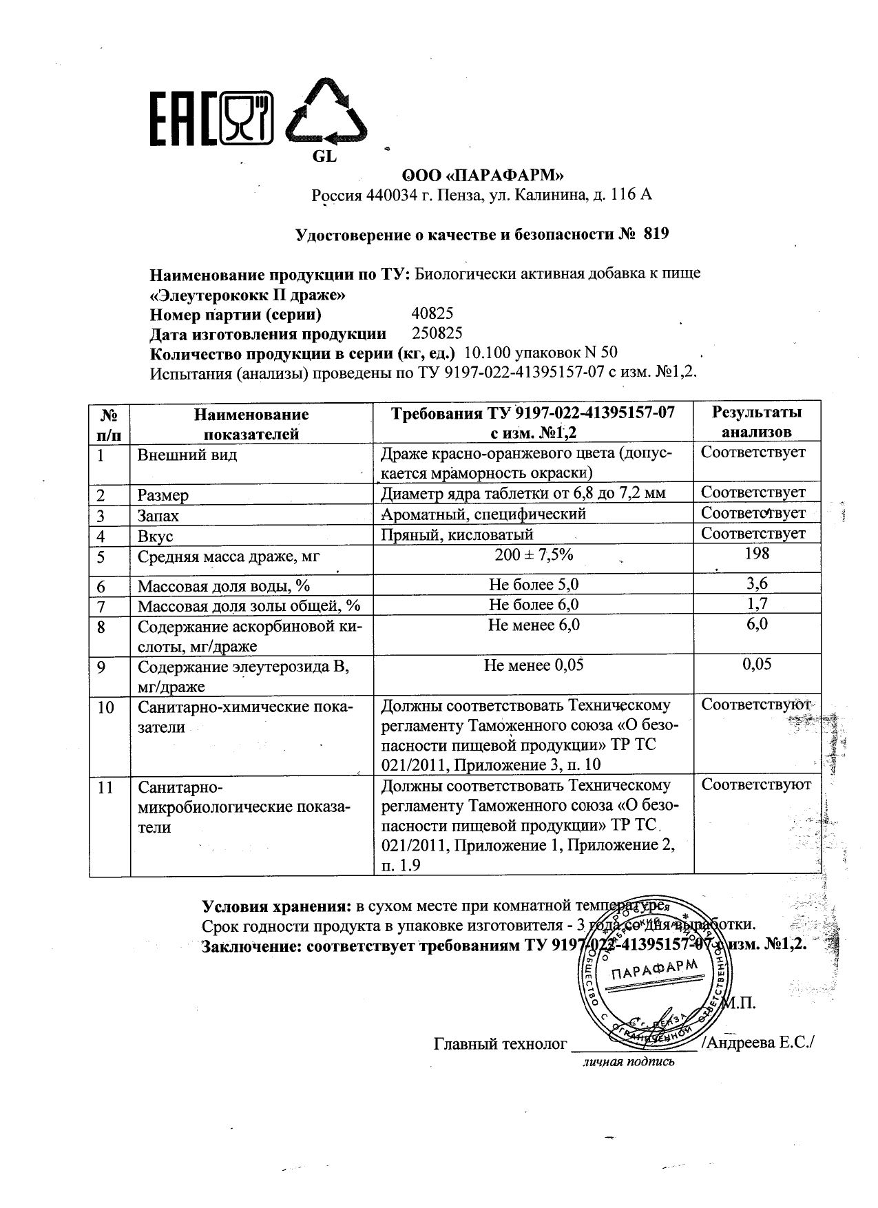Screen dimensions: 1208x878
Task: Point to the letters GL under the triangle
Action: pyautogui.click(x=324, y=157)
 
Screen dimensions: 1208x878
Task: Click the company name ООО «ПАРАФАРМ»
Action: pyautogui.click(x=482, y=176)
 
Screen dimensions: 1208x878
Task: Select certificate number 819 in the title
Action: pyautogui.click(x=655, y=234)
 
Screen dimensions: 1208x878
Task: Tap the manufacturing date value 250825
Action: pyautogui.click(x=437, y=334)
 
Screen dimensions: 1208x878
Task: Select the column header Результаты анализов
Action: pyautogui.click(x=756, y=422)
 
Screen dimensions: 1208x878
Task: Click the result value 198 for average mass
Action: pyautogui.click(x=757, y=554)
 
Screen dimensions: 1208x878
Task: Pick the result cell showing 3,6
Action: pyautogui.click(x=757, y=584)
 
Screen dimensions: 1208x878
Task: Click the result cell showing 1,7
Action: pyautogui.click(x=757, y=604)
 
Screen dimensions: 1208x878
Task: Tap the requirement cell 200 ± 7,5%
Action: pyautogui.click(x=534, y=554)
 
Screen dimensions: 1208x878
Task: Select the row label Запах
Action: pyautogui.click(x=158, y=516)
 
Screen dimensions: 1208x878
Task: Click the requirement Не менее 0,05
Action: pyautogui.click(x=534, y=665)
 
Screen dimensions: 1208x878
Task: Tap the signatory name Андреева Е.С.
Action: pyautogui.click(x=759, y=1043)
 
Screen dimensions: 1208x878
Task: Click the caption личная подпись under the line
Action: pyautogui.click(x=629, y=1061)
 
